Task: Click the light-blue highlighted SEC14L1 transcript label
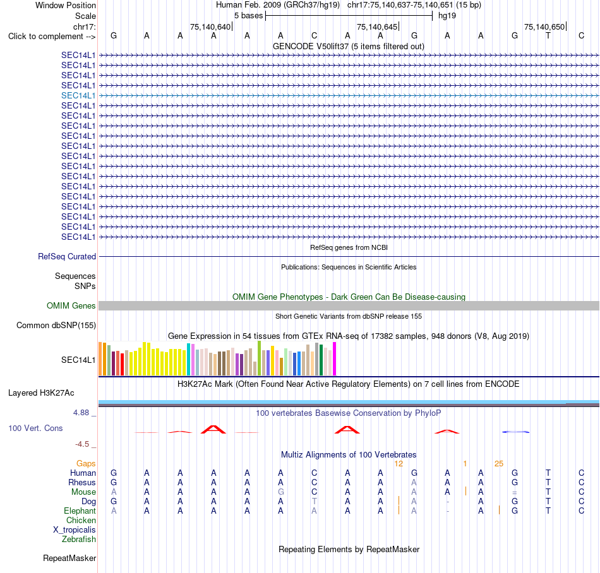tap(78, 95)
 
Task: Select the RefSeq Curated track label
tap(66, 256)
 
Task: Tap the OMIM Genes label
tap(71, 306)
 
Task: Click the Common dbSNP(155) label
tap(56, 325)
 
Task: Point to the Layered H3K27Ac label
tap(41, 393)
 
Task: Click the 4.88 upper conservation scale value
tap(81, 413)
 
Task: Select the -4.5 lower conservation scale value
tap(82, 444)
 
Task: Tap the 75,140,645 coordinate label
tap(377, 27)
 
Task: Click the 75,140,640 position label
tap(210, 27)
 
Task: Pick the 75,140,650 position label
tap(544, 27)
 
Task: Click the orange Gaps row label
tap(86, 464)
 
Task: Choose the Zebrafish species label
tap(79, 540)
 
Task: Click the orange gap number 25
tap(498, 464)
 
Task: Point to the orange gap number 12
tap(399, 464)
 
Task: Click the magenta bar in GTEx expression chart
tap(335, 359)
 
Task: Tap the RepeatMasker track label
tap(69, 558)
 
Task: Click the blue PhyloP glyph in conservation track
tap(515, 432)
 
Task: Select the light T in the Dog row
tap(314, 501)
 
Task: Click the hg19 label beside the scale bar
tap(447, 16)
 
